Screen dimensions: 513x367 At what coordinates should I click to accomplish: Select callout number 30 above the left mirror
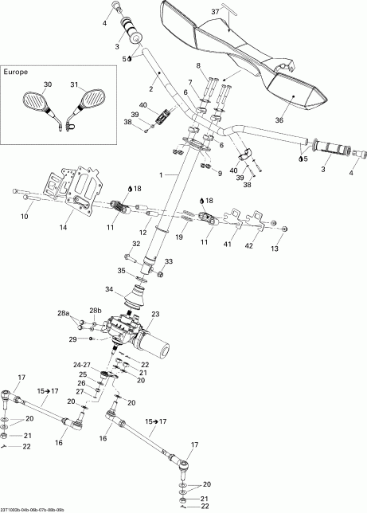point(47,84)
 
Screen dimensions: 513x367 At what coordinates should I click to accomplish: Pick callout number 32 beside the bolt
point(135,244)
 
